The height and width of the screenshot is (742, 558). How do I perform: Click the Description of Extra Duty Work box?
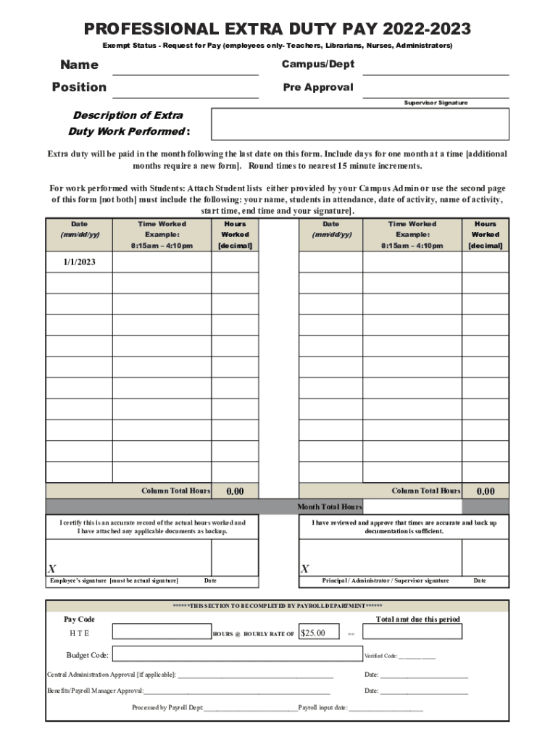pos(359,124)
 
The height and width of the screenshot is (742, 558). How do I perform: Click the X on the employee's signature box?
pos(52,569)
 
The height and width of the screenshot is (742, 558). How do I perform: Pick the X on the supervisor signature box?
pos(305,569)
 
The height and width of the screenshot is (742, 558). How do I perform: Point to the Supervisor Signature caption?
pos(436,103)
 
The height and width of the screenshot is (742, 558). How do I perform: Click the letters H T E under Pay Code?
pos(80,633)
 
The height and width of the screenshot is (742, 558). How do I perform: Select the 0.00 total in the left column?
pos(235,491)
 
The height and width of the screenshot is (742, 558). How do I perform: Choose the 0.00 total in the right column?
pos(486,491)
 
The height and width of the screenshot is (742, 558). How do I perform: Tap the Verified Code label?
pos(380,656)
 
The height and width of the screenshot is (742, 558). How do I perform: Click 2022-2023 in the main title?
pos(428,29)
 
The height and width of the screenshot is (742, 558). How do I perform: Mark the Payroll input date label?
pos(322,707)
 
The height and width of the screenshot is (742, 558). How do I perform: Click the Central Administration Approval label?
pos(111,675)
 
